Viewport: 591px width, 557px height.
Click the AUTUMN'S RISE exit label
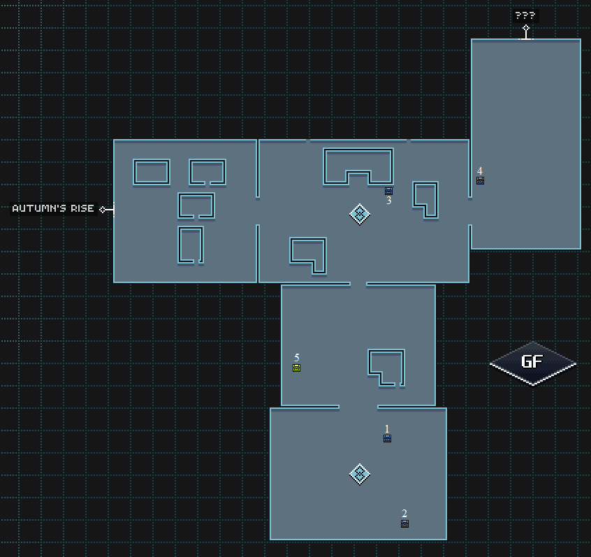pyautogui.click(x=53, y=208)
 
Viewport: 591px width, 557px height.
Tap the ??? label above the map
pyautogui.click(x=525, y=15)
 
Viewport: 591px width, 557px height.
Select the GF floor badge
pyautogui.click(x=532, y=362)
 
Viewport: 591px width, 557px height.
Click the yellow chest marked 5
pyautogui.click(x=296, y=368)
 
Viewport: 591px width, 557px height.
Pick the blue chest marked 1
pyautogui.click(x=387, y=438)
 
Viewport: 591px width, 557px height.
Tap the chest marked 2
pyautogui.click(x=404, y=523)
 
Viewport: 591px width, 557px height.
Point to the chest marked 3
pyautogui.click(x=388, y=190)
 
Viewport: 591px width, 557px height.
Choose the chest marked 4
pyautogui.click(x=480, y=180)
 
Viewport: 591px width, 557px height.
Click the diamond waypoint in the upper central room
pyautogui.click(x=359, y=214)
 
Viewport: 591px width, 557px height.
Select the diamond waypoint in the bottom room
pyautogui.click(x=359, y=474)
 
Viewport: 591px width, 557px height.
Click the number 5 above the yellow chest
pyautogui.click(x=297, y=358)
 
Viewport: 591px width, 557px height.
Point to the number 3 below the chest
pyautogui.click(x=389, y=201)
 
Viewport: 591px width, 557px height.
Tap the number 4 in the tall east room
pyautogui.click(x=480, y=171)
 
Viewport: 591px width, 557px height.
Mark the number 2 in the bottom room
pyautogui.click(x=404, y=514)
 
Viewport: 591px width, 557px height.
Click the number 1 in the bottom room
pyautogui.click(x=387, y=428)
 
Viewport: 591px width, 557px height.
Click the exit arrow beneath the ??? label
pyautogui.click(x=525, y=31)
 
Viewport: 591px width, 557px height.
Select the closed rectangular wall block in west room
pyautogui.click(x=152, y=172)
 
